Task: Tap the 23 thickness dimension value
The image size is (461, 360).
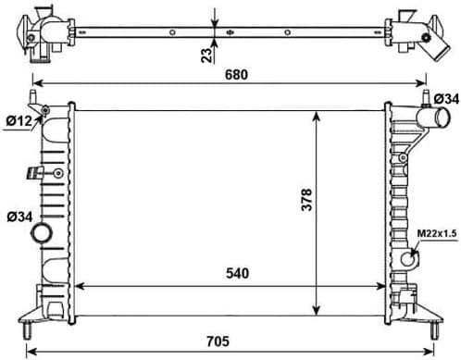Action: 206,54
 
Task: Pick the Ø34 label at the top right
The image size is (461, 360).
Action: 445,98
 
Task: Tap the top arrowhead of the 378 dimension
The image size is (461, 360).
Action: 318,113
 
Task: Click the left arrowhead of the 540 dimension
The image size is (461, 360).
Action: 77,285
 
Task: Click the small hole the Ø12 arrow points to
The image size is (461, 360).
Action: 45,112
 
